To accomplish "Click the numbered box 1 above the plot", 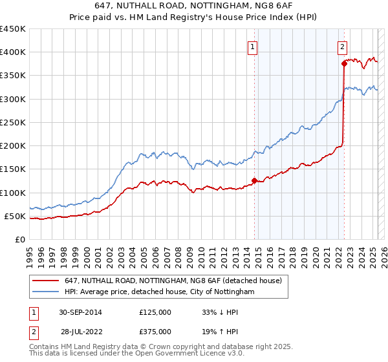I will (252, 46).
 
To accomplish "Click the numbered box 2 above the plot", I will (342, 46).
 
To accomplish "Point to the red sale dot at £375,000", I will (344, 63).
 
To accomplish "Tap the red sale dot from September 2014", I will (254, 180).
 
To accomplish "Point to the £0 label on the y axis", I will (20, 239).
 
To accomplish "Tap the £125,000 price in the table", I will (155, 312).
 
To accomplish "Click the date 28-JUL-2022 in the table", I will (81, 332).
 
